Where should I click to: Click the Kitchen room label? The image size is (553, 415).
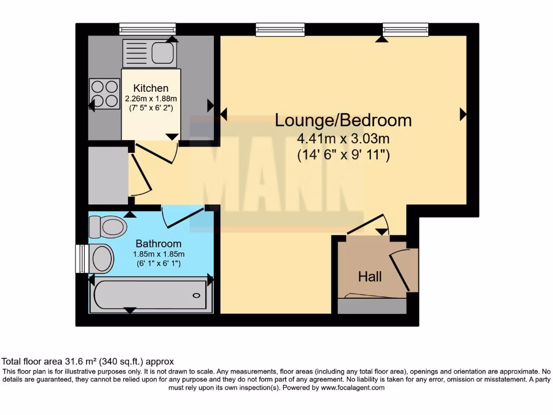tap(151, 88)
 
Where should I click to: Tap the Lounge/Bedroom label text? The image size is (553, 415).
tap(343, 120)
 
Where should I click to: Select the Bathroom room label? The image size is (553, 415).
tap(158, 244)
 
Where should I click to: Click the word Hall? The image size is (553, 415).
tap(370, 277)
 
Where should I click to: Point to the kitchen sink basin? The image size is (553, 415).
tap(161, 53)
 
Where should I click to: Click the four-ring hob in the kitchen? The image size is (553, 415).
tap(104, 93)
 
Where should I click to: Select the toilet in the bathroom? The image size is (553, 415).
tap(107, 227)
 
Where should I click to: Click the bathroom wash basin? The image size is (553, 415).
tap(102, 259)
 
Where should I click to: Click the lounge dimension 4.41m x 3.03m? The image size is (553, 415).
tap(343, 139)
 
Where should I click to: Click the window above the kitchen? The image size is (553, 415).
tap(147, 29)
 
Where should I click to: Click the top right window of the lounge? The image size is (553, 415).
tap(406, 29)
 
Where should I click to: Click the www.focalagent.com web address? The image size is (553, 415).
tap(353, 387)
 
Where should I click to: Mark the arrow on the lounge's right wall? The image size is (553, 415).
tap(463, 114)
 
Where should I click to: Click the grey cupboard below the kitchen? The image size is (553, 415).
tap(108, 172)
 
